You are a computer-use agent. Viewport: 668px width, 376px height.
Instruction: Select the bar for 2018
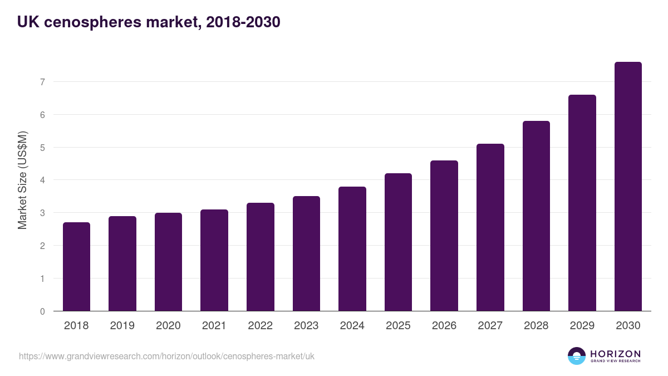point(76,267)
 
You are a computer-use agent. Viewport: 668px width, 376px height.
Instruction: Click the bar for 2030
point(628,187)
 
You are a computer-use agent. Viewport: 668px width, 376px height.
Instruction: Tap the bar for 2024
point(352,249)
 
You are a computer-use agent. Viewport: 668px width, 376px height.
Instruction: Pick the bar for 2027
point(490,227)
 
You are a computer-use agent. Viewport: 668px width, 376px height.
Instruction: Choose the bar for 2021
point(214,260)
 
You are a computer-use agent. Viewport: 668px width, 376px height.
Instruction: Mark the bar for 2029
point(582,203)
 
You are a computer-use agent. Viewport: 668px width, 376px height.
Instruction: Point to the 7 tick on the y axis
point(42,82)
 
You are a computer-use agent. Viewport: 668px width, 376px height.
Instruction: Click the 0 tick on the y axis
point(42,311)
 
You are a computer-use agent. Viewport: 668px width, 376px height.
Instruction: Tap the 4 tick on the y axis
point(42,180)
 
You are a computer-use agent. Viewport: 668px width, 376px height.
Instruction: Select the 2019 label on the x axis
point(122,326)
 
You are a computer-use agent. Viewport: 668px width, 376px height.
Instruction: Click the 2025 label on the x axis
point(398,326)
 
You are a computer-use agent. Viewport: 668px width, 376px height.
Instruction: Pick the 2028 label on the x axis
point(536,326)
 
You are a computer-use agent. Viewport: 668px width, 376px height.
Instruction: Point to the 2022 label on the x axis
point(260,326)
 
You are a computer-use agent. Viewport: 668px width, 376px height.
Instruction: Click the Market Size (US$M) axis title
point(22,180)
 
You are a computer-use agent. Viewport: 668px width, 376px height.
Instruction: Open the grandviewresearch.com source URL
point(166,356)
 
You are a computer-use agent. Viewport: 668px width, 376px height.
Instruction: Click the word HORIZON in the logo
point(615,354)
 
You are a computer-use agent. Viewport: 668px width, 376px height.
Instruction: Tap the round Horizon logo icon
point(576,356)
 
